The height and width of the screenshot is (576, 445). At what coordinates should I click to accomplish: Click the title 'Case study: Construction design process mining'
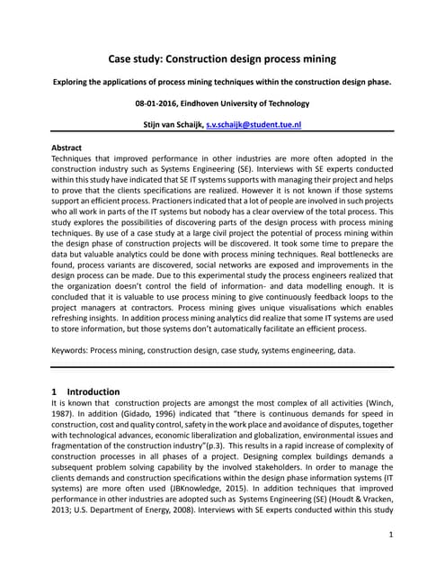222,58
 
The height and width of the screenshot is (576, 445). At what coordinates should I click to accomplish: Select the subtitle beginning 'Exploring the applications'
222,82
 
